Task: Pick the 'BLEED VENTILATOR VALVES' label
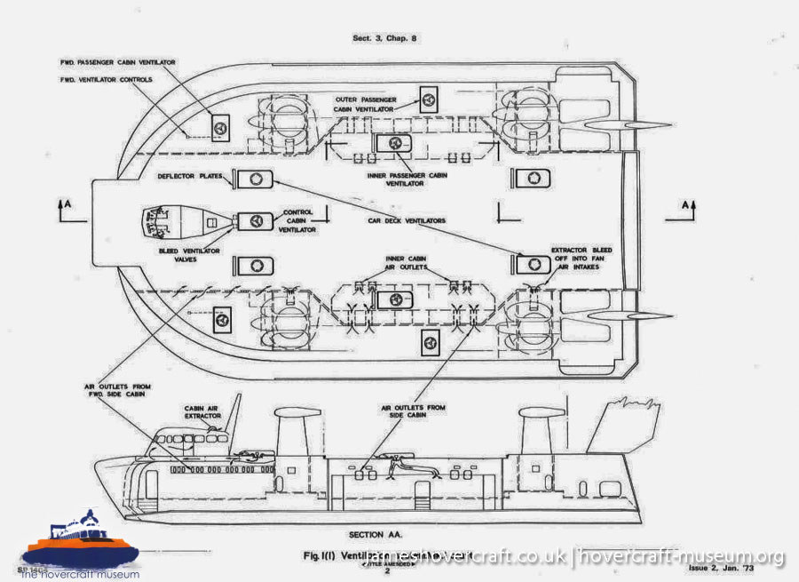pos(190,257)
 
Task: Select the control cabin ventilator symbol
pos(255,219)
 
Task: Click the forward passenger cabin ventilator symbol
pos(218,127)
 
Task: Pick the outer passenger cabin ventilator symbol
pos(431,99)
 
